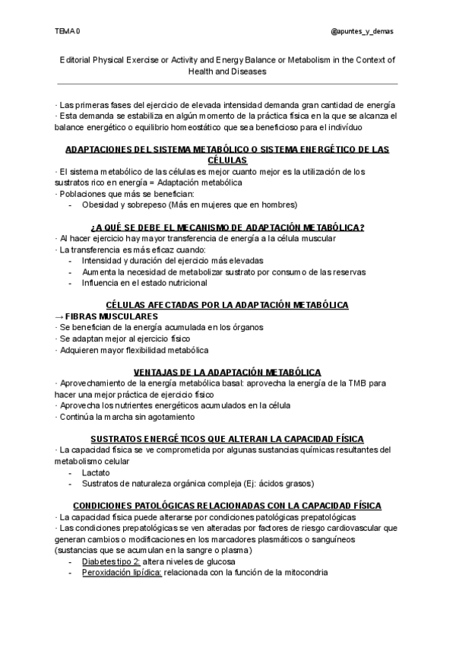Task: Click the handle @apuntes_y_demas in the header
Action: click(363, 31)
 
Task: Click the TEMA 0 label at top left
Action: click(68, 31)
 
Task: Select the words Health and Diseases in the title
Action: click(227, 71)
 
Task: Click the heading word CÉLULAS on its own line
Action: click(227, 161)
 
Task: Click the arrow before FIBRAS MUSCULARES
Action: click(60, 316)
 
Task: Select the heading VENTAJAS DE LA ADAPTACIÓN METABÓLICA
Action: click(227, 372)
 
